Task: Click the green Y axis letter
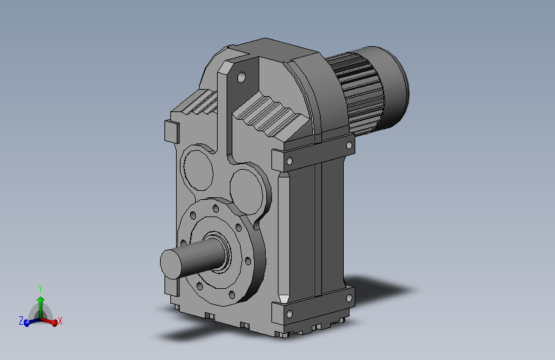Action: click(40, 289)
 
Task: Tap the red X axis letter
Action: click(60, 322)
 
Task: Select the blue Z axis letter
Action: click(21, 321)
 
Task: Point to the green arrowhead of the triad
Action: click(41, 300)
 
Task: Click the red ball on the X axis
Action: click(54, 323)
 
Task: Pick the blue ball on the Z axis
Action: click(26, 323)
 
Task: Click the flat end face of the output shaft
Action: click(171, 264)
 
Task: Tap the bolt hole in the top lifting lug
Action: click(241, 78)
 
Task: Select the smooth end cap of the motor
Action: click(389, 87)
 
